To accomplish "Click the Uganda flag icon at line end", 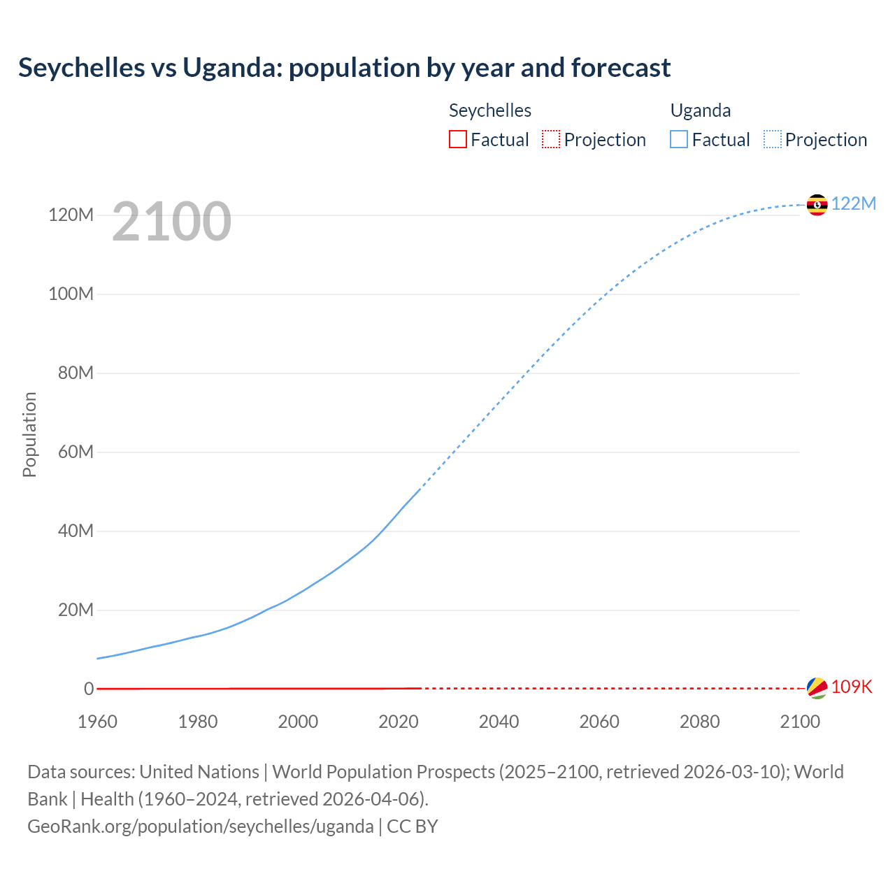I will [x=817, y=205].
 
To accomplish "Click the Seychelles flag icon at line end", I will [x=817, y=687].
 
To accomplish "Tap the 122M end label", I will [x=853, y=203].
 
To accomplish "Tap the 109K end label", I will [x=852, y=687].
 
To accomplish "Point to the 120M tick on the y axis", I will [x=71, y=215].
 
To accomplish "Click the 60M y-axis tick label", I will [x=76, y=452].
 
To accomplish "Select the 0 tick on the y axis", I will [x=89, y=689].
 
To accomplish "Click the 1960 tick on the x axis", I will [x=97, y=722].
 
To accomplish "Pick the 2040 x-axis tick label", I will [x=499, y=722].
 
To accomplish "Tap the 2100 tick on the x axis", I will [x=799, y=722].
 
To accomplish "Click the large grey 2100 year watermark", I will [x=171, y=222].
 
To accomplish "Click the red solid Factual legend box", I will [x=457, y=139].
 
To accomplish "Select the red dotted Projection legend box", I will [x=551, y=139].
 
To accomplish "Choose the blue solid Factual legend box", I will [x=679, y=139].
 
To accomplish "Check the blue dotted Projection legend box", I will [x=773, y=139].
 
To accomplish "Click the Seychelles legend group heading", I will [x=489, y=110].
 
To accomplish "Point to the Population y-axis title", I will [x=29, y=434].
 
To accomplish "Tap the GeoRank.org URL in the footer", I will [x=201, y=826].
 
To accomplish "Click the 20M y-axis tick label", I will [x=76, y=610].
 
